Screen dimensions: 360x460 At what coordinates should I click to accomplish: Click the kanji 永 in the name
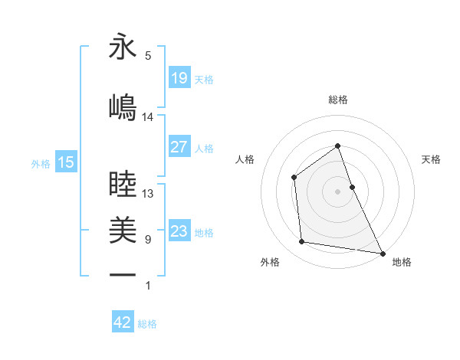click(123, 47)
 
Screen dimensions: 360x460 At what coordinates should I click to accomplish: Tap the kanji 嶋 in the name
click(123, 106)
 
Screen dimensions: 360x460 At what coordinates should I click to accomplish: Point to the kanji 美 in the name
click(123, 228)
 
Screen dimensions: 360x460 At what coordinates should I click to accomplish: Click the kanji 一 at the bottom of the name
click(123, 273)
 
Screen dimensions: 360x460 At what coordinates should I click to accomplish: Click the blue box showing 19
click(179, 78)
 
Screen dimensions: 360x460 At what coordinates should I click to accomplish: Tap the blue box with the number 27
click(179, 147)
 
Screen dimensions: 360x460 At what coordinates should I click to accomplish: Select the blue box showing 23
click(179, 231)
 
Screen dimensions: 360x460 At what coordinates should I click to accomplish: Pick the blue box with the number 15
click(66, 162)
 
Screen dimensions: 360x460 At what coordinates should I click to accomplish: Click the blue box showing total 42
click(123, 322)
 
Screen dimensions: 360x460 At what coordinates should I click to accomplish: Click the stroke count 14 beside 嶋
click(148, 117)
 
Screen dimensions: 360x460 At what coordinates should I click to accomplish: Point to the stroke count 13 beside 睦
click(148, 194)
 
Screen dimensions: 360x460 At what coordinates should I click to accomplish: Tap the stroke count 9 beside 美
click(148, 240)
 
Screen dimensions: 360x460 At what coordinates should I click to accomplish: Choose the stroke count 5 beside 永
click(148, 56)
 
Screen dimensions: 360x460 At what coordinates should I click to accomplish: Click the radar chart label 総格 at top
click(337, 100)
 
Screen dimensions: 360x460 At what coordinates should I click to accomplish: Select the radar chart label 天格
click(432, 159)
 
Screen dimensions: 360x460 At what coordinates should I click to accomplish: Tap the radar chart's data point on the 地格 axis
click(383, 253)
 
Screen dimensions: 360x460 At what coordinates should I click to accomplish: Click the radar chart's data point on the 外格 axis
click(302, 242)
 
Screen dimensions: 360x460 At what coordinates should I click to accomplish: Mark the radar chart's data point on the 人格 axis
click(294, 178)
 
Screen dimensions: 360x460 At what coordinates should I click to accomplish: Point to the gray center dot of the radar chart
click(337, 191)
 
